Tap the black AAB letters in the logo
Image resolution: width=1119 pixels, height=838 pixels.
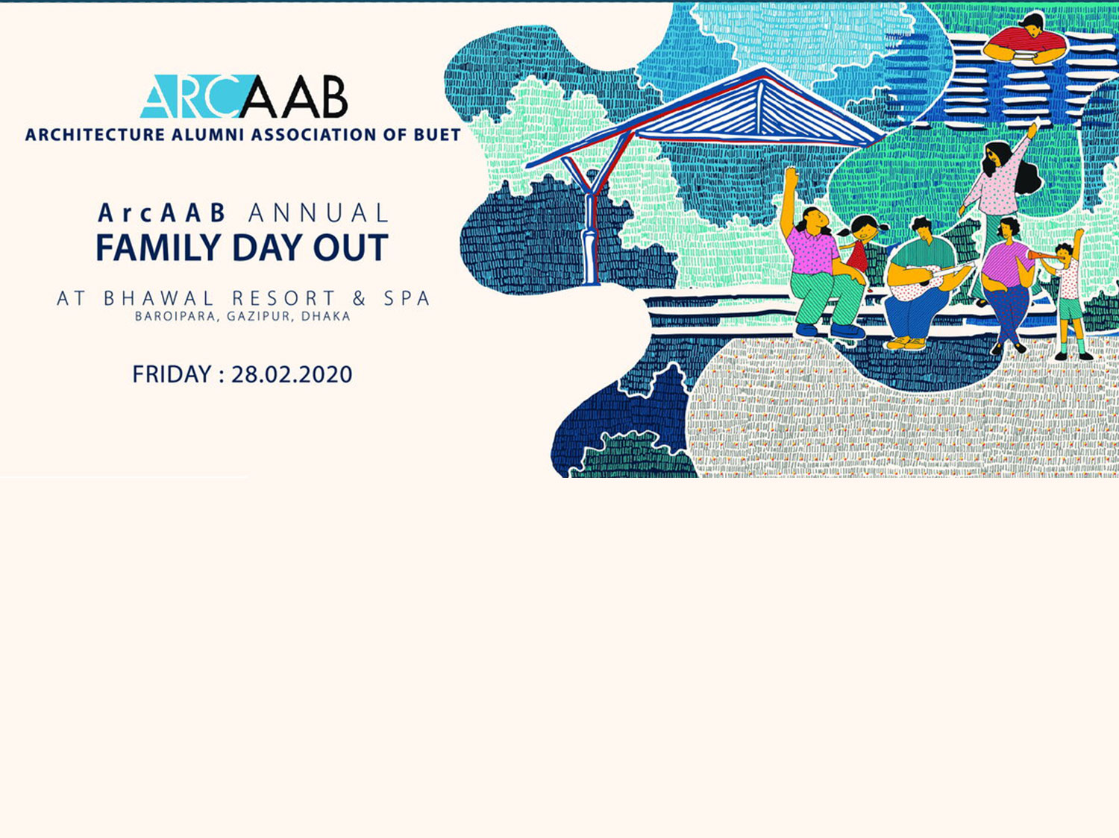tap(294, 97)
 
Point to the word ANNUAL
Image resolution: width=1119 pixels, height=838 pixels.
tap(319, 213)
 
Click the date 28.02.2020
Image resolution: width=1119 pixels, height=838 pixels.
tap(292, 374)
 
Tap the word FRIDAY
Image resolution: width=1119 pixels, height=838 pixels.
tap(172, 374)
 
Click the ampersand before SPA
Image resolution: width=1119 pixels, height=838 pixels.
tap(360, 298)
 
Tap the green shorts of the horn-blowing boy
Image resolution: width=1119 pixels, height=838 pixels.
tap(1070, 309)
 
